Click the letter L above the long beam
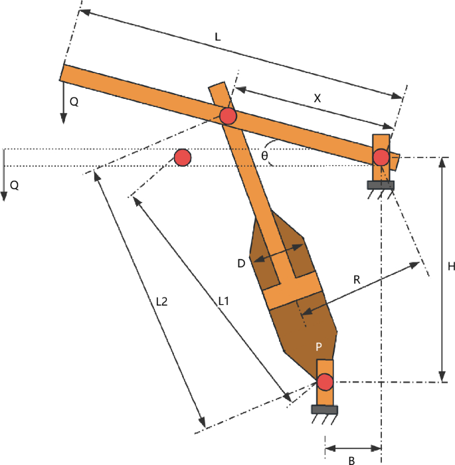click(x=218, y=38)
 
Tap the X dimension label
click(x=317, y=97)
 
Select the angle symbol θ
click(x=264, y=155)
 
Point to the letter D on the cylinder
click(x=242, y=264)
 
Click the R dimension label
click(x=357, y=280)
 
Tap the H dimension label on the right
click(x=451, y=266)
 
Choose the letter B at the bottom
click(x=352, y=460)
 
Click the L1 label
click(x=223, y=301)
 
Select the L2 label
click(x=161, y=301)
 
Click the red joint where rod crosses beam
click(x=228, y=116)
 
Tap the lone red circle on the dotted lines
click(x=183, y=157)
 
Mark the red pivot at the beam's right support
click(x=381, y=157)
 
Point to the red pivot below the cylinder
click(x=325, y=383)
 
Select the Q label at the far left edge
click(x=14, y=186)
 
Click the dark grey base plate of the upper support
click(x=381, y=185)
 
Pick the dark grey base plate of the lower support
click(x=325, y=409)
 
